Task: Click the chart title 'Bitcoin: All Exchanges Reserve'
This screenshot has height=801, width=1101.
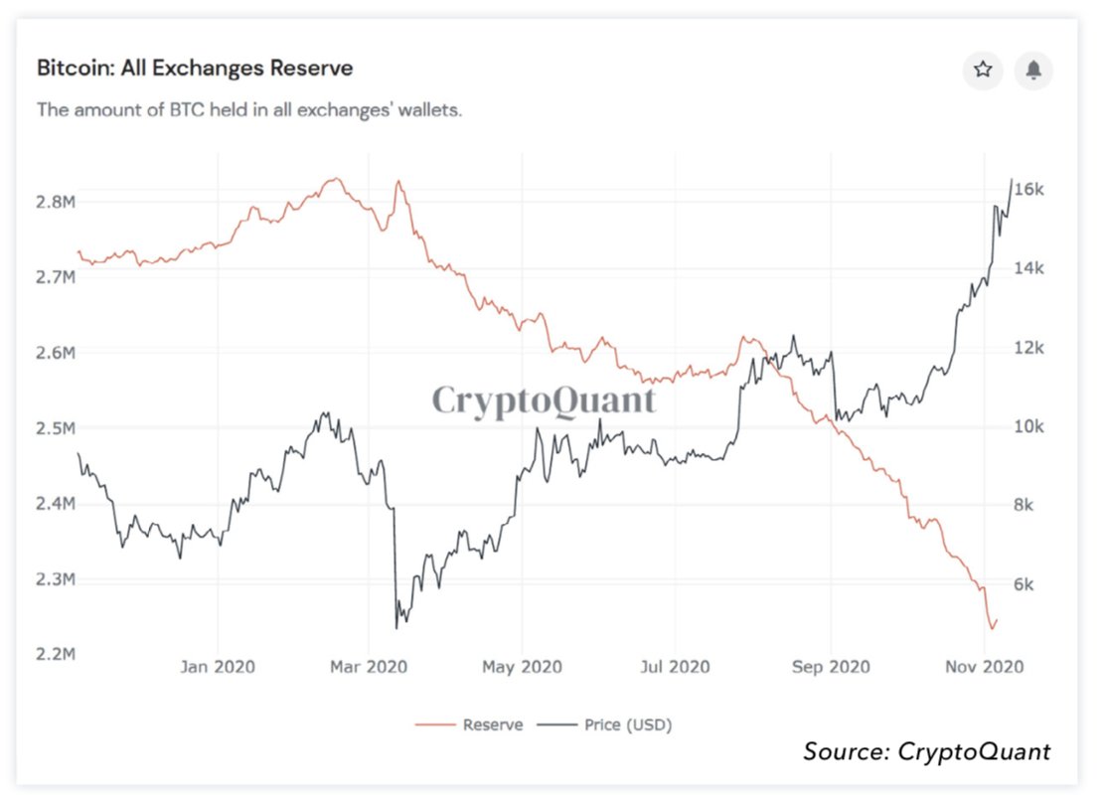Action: pos(195,69)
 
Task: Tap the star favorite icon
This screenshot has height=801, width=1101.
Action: pos(983,70)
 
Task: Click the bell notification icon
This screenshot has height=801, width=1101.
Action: pos(1033,70)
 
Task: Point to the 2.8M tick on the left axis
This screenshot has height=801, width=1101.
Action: pos(56,202)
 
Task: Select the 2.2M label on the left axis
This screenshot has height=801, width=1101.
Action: pos(56,654)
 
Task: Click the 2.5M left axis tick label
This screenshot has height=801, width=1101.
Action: pos(56,428)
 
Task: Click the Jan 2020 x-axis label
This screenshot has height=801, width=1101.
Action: pos(217,666)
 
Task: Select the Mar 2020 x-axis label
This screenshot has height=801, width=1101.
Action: pos(370,666)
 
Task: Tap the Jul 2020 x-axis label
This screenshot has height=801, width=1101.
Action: pos(676,666)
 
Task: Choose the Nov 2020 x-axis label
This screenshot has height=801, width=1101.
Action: pos(984,666)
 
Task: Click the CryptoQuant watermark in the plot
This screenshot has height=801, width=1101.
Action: pos(544,400)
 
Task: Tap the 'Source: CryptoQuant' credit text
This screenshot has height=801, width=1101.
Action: pos(926,751)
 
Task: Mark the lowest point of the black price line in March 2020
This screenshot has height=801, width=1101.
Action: pos(396,628)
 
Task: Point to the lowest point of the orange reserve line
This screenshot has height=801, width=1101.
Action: pos(991,628)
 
